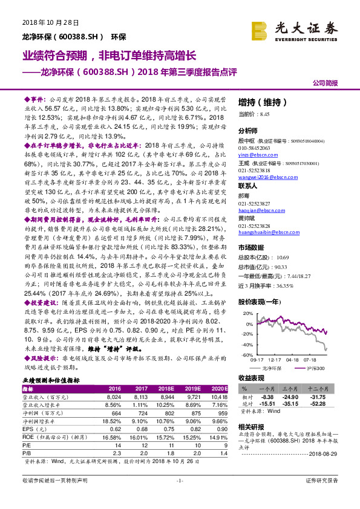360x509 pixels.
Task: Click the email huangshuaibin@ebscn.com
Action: pyautogui.click(x=267, y=232)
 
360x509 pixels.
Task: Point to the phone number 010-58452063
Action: pyautogui.click(x=254, y=148)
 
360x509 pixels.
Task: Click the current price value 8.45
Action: pyautogui.click(x=264, y=114)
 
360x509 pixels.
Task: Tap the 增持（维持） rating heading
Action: pyautogui.click(x=259, y=102)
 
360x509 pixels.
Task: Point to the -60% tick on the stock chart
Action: pyautogui.click(x=246, y=354)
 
